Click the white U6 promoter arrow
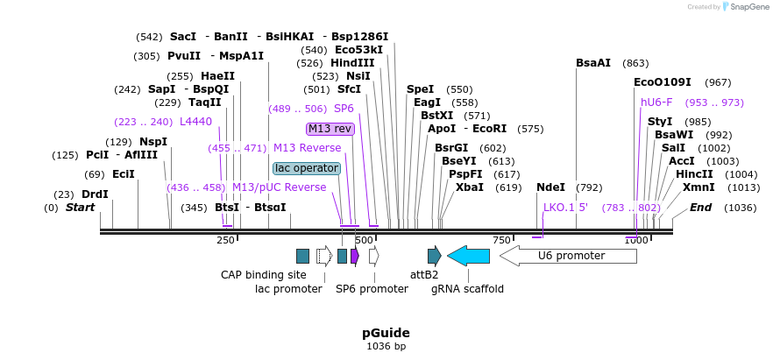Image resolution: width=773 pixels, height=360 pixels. tap(568, 256)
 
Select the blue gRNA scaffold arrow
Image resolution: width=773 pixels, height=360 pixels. tap(468, 256)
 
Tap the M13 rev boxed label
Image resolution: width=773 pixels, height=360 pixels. tap(330, 129)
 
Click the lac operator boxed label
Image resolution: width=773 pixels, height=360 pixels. tap(306, 168)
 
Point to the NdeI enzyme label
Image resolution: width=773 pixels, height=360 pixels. tap(550, 187)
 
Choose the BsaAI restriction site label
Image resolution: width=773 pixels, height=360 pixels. tap(593, 63)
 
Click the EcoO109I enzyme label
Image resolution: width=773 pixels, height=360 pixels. tap(662, 82)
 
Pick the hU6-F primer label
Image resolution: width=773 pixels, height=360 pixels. tap(656, 102)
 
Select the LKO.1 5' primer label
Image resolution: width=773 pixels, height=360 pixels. tap(565, 208)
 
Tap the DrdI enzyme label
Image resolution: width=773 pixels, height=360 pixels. tap(95, 194)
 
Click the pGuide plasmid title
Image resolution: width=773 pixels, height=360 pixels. tap(386, 333)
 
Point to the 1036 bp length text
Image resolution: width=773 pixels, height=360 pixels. tap(386, 347)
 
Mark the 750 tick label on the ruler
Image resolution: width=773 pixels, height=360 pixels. tap(501, 240)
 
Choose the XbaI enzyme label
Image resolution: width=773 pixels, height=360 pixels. tap(469, 187)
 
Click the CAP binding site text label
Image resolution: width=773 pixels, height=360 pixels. tap(263, 274)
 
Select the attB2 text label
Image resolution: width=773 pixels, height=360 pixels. tap(424, 274)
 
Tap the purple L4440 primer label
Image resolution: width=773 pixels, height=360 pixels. tap(195, 122)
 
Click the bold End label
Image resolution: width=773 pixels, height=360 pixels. tap(700, 208)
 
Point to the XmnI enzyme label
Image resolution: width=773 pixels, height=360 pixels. tap(698, 187)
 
